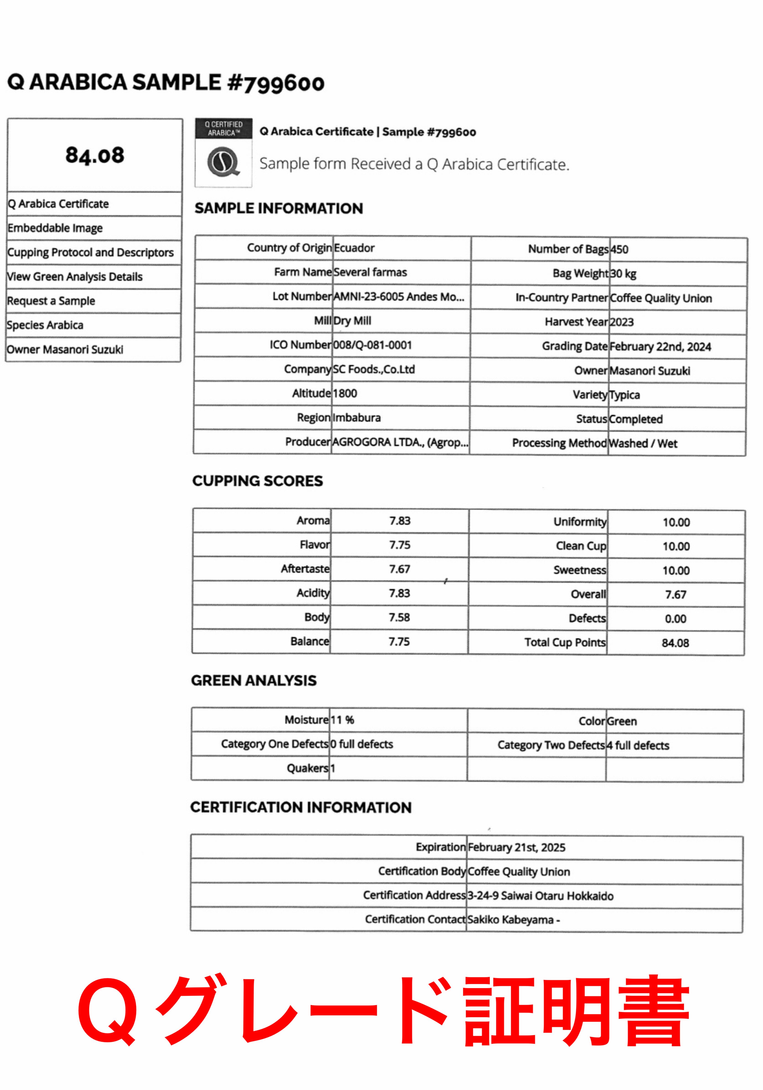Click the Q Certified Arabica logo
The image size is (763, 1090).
(223, 152)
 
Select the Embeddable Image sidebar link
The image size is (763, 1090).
(55, 228)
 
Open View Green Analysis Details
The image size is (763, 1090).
(75, 277)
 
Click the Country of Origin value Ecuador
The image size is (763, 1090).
(354, 248)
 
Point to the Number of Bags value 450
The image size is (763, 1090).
(619, 249)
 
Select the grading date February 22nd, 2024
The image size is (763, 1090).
(660, 347)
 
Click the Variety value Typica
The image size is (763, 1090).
(624, 395)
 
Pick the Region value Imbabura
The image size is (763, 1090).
(356, 418)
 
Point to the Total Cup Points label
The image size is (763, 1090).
(565, 642)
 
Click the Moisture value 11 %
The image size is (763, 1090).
(342, 720)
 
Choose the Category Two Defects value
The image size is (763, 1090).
(638, 745)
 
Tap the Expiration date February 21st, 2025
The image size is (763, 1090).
(516, 847)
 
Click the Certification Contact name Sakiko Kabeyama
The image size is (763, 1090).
(510, 920)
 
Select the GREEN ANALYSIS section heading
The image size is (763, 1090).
(254, 680)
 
